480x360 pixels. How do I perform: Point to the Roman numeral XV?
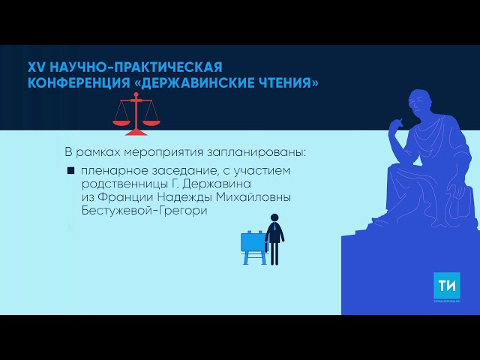(x=36, y=66)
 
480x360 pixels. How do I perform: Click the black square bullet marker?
(x=70, y=172)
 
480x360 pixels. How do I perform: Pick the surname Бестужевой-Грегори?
(x=142, y=211)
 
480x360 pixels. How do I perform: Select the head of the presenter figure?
(x=274, y=214)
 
